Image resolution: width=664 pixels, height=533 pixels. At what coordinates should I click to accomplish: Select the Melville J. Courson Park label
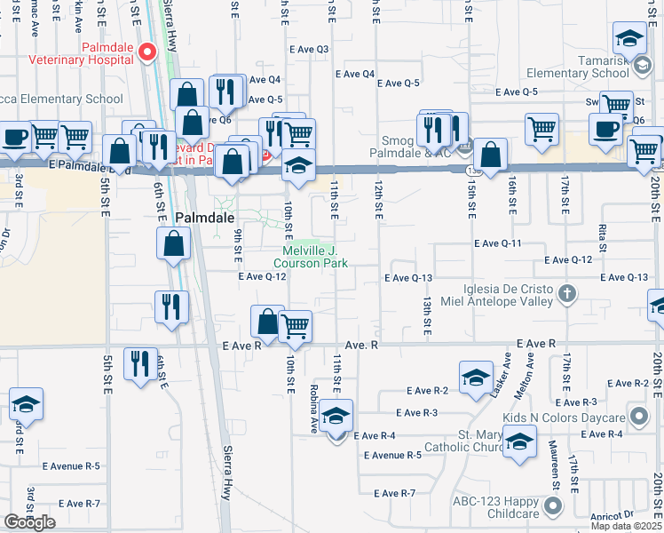(x=310, y=258)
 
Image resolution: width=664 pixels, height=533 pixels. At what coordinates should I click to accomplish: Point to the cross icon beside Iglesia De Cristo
(x=568, y=292)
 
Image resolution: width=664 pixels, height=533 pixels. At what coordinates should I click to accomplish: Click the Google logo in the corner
(x=29, y=522)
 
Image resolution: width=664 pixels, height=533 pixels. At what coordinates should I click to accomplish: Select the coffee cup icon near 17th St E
(x=605, y=128)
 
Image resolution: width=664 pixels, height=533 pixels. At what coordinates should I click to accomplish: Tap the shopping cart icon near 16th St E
(x=541, y=129)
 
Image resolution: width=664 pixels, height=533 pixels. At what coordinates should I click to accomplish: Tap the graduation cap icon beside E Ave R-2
(x=476, y=377)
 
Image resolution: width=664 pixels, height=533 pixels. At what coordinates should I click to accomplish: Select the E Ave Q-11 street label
(x=496, y=243)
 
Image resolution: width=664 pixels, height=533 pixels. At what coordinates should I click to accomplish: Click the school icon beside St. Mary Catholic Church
(x=518, y=440)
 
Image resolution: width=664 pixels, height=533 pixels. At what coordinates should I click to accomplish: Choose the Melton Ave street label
(x=531, y=372)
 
